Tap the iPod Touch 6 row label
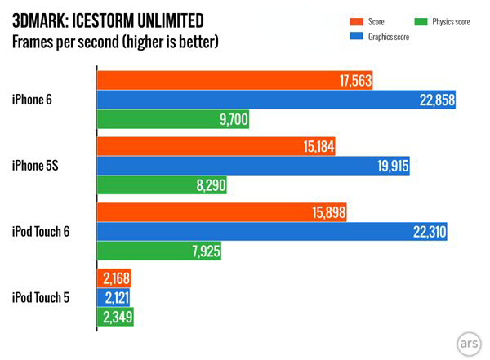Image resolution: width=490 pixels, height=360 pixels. pos(41,232)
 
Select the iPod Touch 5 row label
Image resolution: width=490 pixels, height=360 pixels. pos(41,297)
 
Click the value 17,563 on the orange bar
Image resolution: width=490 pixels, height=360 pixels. pos(355,79)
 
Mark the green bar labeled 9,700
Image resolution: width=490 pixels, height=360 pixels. pos(172,120)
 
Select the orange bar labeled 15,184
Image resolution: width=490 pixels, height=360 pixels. pos(216,146)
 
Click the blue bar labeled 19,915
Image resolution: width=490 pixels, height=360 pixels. pos(253,166)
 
